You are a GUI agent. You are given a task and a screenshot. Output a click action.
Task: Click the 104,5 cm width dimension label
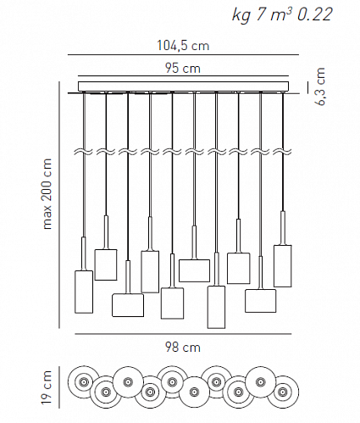click(x=183, y=46)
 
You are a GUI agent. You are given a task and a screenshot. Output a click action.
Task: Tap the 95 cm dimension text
click(x=183, y=68)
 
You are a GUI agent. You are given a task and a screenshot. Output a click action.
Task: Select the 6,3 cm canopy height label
click(x=320, y=86)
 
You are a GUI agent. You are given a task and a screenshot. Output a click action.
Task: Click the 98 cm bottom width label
click(x=183, y=347)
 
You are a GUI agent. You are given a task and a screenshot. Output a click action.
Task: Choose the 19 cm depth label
click(x=46, y=387)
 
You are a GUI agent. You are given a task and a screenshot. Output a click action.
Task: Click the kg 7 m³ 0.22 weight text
click(x=282, y=14)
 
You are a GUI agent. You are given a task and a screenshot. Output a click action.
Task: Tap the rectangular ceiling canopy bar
click(x=184, y=86)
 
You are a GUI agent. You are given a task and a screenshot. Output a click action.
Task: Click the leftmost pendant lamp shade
click(x=84, y=292)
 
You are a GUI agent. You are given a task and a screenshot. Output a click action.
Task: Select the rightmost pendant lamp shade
click(x=283, y=266)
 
